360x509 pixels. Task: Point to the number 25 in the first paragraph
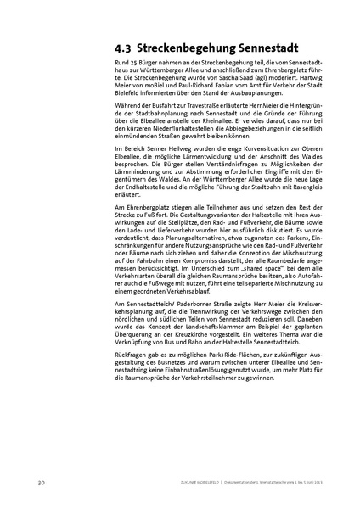(x=132, y=65)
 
